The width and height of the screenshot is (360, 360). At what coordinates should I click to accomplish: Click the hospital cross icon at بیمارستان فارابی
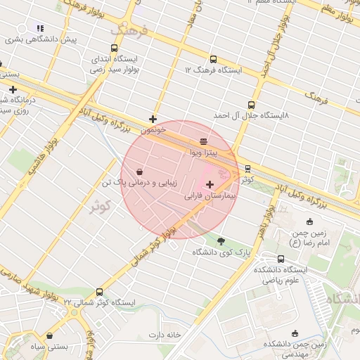click(x=210, y=184)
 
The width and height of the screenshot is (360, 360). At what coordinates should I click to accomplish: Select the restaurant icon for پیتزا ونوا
click(x=203, y=141)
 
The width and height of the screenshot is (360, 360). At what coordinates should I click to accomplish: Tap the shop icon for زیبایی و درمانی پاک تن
click(x=140, y=171)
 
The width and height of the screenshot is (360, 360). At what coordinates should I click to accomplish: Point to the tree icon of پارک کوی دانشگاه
click(x=221, y=240)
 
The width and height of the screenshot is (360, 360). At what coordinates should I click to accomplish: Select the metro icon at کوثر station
click(x=247, y=169)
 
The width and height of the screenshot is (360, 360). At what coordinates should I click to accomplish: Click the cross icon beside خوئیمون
click(x=153, y=119)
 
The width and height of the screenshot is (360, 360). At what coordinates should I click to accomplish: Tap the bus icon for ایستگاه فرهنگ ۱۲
click(x=213, y=59)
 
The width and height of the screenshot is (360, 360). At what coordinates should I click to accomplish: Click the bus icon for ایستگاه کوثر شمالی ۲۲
click(x=98, y=292)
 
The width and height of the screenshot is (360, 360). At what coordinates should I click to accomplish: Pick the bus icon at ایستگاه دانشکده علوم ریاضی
click(x=281, y=259)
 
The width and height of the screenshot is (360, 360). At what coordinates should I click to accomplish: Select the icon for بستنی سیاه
click(x=49, y=336)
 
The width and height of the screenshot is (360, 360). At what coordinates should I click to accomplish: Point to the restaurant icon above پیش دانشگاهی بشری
click(x=40, y=28)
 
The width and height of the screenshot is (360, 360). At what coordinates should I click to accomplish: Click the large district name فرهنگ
click(x=130, y=31)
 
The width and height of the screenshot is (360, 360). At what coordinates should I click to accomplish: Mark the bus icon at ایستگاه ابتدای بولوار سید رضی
click(x=94, y=60)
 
